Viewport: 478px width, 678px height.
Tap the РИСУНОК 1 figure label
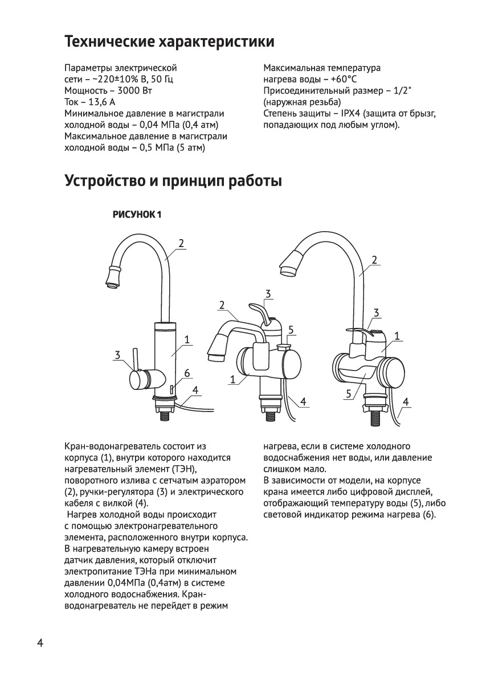138,215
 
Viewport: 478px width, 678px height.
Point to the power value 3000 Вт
133,91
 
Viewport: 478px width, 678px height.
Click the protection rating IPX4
353,113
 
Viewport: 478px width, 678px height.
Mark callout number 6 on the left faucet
186,373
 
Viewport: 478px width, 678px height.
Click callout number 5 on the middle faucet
291,330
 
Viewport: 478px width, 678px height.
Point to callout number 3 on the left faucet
117,355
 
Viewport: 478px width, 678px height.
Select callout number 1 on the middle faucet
233,379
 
